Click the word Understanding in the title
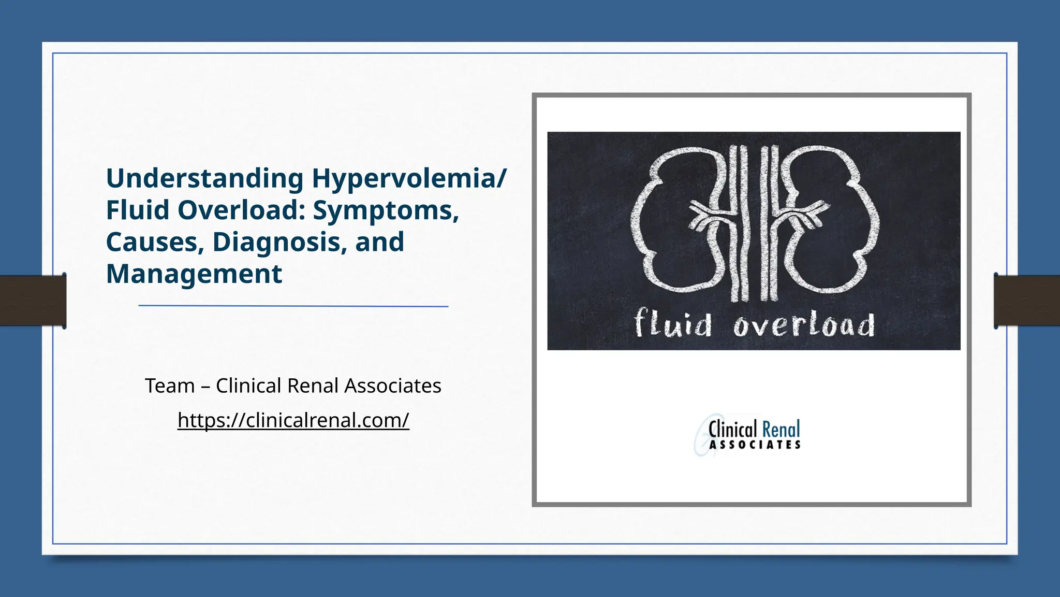tap(204, 179)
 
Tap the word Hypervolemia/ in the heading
tap(409, 179)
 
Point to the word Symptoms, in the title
tap(386, 210)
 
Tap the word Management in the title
tap(194, 274)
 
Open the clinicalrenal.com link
tap(293, 420)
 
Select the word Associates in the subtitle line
tap(392, 386)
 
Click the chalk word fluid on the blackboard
tap(673, 324)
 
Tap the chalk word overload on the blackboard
tap(804, 325)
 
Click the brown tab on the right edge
tap(1027, 301)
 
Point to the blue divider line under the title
tap(293, 306)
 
